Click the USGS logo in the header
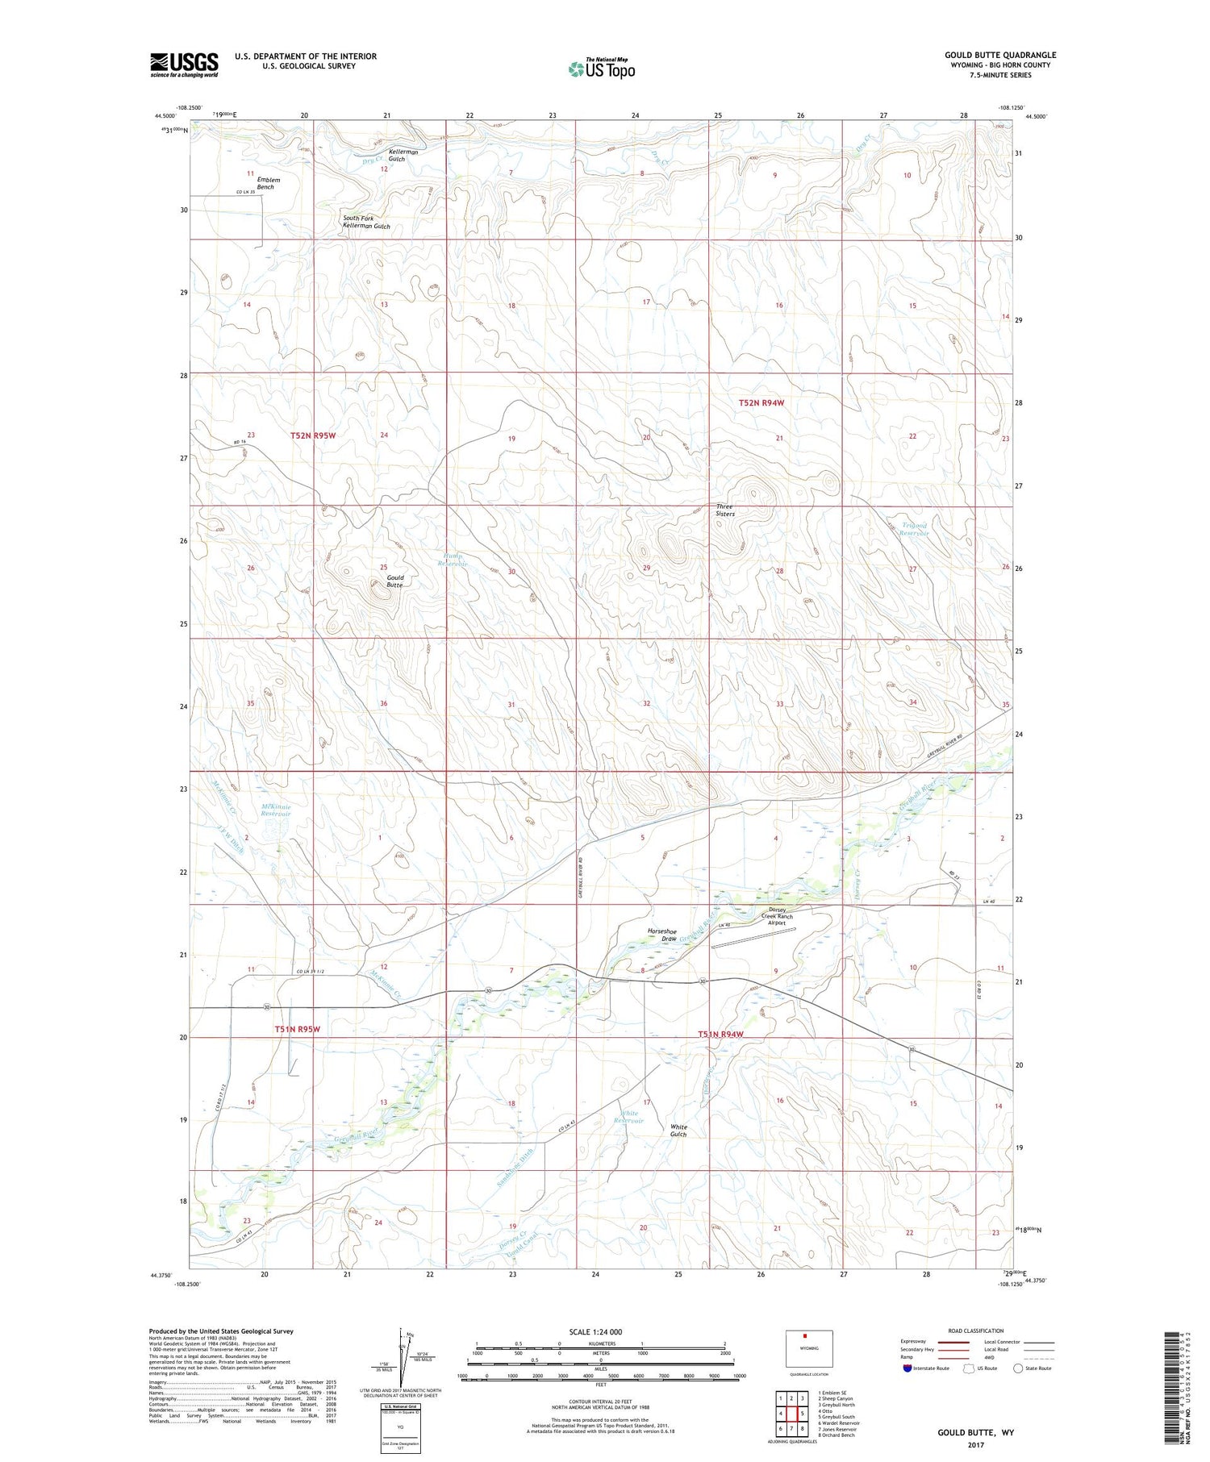click(184, 65)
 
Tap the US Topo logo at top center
click(602, 69)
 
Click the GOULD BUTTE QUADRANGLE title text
click(999, 55)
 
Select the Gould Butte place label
click(395, 581)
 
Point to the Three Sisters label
click(725, 510)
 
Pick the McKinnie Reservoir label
click(276, 810)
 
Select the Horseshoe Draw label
click(662, 935)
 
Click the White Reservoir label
click(629, 1117)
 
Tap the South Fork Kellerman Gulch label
click(366, 222)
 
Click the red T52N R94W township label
click(761, 402)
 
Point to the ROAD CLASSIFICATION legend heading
click(976, 1331)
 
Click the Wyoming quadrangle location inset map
click(809, 1348)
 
